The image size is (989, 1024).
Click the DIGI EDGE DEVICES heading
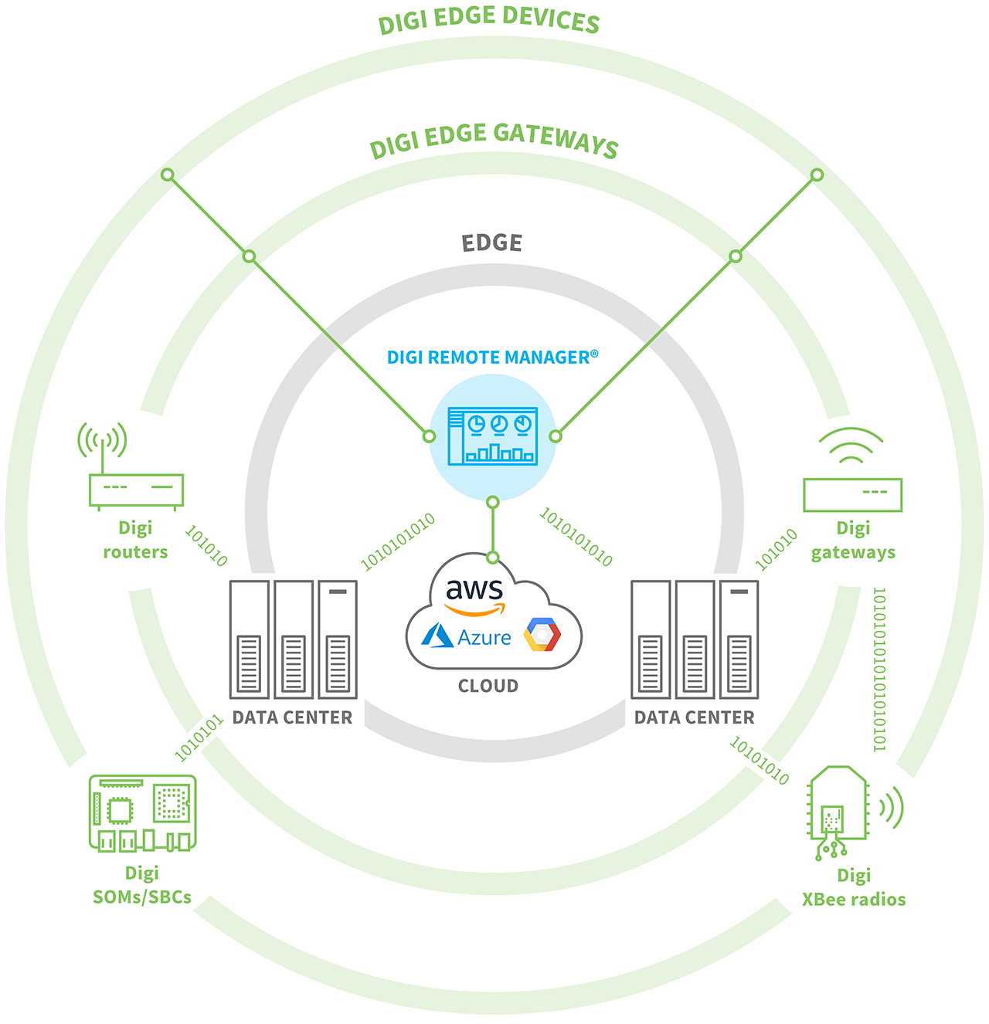click(x=488, y=20)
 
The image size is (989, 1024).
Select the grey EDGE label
click(x=492, y=243)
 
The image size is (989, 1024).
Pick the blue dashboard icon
click(x=493, y=436)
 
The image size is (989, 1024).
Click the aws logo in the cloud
click(x=474, y=594)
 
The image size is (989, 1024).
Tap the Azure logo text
click(x=484, y=638)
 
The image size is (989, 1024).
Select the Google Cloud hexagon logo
click(x=542, y=634)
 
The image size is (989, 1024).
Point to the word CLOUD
click(x=488, y=686)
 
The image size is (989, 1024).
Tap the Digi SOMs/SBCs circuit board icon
click(x=143, y=813)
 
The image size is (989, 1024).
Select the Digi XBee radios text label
click(x=854, y=887)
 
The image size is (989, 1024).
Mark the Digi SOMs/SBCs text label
click(x=142, y=885)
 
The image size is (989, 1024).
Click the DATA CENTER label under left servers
click(x=292, y=718)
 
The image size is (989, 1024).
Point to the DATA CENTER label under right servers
click(x=694, y=718)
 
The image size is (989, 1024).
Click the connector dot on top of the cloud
click(x=493, y=558)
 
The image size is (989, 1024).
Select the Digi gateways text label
click(x=853, y=541)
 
